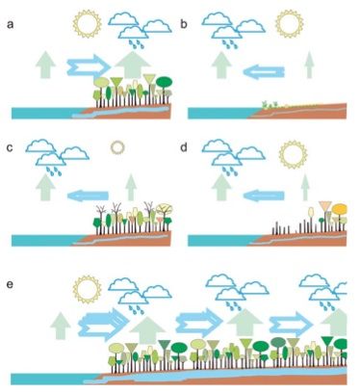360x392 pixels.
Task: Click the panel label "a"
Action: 11,25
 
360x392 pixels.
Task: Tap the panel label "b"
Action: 184,24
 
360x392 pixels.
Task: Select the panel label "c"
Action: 10,147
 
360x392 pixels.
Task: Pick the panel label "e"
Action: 11,284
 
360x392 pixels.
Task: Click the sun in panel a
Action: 87,24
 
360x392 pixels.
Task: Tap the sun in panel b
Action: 290,24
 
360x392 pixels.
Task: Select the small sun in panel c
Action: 117,147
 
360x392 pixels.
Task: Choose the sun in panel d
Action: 293,154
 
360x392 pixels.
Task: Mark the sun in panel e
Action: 88,289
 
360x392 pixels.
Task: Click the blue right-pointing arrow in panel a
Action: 89,67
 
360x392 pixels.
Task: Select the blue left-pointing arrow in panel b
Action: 264,71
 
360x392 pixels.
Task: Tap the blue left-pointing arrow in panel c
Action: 88,196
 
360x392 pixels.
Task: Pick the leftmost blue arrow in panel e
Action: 104,325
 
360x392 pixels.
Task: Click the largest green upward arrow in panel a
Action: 133,65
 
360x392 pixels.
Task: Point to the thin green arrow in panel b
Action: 309,65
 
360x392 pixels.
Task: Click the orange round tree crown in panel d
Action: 340,209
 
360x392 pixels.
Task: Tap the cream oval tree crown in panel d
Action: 311,212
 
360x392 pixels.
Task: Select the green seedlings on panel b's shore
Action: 270,104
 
